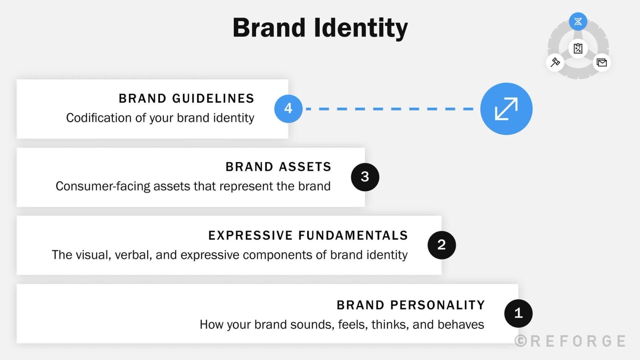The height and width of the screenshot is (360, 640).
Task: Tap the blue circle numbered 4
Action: click(x=288, y=108)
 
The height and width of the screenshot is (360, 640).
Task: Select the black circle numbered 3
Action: click(x=365, y=177)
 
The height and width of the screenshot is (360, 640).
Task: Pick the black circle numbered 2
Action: click(x=442, y=245)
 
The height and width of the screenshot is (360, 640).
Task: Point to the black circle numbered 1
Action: click(x=518, y=313)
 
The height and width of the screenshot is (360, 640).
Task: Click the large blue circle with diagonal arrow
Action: click(x=506, y=109)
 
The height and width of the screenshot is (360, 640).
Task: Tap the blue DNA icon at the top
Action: click(x=578, y=22)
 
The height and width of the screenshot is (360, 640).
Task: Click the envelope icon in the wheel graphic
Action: click(x=602, y=63)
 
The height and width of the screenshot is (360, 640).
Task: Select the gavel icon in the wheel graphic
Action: click(x=555, y=63)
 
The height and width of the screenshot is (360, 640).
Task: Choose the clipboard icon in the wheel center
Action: click(x=578, y=48)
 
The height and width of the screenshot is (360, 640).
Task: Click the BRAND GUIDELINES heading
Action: click(x=186, y=99)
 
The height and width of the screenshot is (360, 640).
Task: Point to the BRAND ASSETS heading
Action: click(x=278, y=167)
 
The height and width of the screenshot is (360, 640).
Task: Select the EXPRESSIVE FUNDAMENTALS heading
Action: click(x=308, y=235)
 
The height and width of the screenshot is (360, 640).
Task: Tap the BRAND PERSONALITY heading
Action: click(x=411, y=305)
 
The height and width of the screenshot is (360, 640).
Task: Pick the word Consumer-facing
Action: click(x=103, y=186)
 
